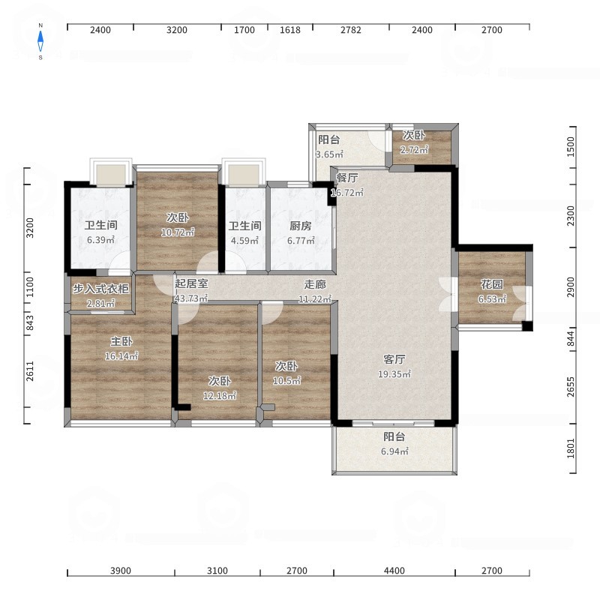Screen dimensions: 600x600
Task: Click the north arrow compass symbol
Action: (40, 41)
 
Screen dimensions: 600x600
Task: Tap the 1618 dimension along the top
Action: (290, 30)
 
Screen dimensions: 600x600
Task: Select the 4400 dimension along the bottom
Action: (394, 571)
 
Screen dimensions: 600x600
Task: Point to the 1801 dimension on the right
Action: (571, 448)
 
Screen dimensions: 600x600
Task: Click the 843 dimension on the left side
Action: (30, 322)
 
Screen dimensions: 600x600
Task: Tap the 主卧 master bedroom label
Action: (121, 341)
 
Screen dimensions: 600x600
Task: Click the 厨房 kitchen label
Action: (301, 226)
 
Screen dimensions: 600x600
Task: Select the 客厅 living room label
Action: (394, 359)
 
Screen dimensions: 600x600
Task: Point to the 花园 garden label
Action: (492, 284)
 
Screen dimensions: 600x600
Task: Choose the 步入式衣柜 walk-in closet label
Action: (100, 289)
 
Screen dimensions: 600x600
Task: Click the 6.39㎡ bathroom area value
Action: (100, 240)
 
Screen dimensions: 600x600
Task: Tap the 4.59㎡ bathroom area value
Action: (244, 241)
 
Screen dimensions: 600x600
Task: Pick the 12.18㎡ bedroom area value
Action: (219, 396)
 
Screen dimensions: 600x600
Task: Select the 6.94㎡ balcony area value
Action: (394, 451)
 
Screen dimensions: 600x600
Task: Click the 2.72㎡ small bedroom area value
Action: (414, 149)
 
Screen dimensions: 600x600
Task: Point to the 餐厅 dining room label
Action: (347, 178)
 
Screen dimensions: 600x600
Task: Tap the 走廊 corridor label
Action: (315, 284)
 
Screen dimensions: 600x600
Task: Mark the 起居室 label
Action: (191, 283)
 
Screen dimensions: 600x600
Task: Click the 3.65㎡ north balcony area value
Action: (329, 154)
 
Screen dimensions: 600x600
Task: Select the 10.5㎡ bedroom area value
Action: (286, 381)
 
